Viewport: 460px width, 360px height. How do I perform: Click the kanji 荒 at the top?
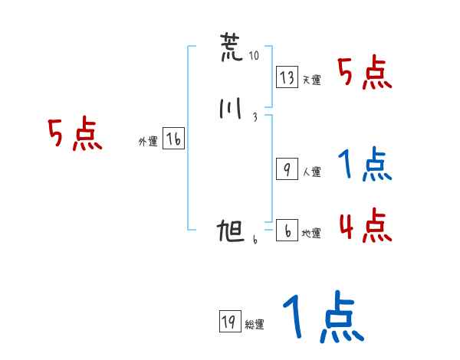tap(229, 48)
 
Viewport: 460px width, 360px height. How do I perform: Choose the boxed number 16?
tap(173, 139)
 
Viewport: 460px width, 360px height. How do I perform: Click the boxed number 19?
tap(228, 322)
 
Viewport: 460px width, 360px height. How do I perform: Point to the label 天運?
tap(311, 80)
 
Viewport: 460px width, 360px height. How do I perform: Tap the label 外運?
tap(147, 142)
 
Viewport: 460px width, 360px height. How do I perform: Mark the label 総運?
tap(254, 325)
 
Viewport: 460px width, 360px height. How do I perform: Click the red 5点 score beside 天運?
tap(366, 73)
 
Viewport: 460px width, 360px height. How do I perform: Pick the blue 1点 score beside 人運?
tap(366, 165)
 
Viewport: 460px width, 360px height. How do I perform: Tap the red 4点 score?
tap(366, 227)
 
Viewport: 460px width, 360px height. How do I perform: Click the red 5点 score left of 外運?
tap(75, 135)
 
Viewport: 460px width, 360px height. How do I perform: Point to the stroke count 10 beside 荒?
tap(255, 56)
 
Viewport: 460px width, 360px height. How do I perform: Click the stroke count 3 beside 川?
tap(254, 117)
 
